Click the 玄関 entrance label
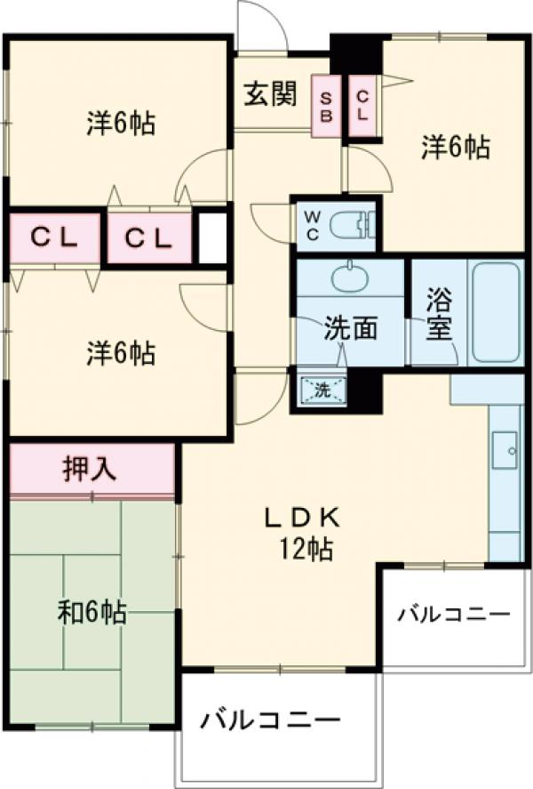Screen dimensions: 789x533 (x=270, y=94)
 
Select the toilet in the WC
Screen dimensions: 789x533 (x=350, y=224)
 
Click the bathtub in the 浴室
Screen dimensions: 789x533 (x=496, y=314)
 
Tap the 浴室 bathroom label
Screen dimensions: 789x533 (x=437, y=315)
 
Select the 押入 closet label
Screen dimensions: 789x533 (x=89, y=469)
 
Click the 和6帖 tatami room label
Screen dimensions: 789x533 (x=91, y=612)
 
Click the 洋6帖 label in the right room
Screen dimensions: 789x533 (x=455, y=148)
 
